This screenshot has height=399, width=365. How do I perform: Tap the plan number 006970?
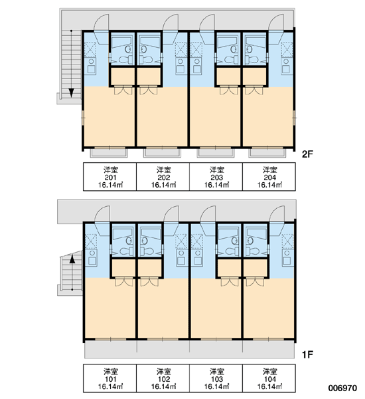(342, 388)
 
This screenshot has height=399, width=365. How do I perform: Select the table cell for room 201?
(110, 177)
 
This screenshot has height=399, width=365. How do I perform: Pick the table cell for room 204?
(269, 177)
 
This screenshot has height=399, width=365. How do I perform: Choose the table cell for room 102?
(163, 378)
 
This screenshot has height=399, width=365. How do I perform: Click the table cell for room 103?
(216, 378)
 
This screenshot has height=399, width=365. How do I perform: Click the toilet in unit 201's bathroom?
(125, 60)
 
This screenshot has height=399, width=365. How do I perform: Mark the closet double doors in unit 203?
(229, 90)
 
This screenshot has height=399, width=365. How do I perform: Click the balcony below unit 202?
(162, 152)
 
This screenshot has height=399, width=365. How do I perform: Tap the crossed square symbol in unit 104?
(287, 241)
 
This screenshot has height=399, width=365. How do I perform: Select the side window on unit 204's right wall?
(294, 118)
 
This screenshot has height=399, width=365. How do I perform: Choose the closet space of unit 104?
(256, 268)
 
